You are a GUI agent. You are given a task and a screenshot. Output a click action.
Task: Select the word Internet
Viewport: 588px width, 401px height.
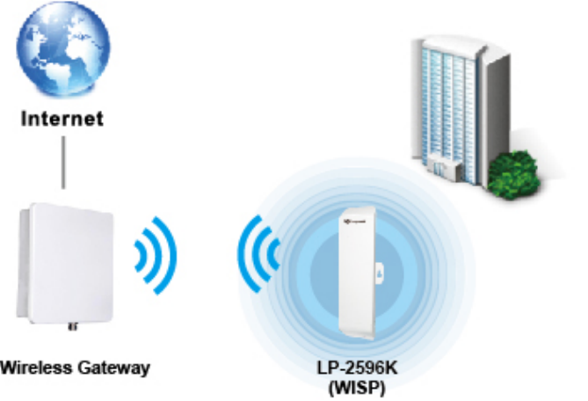[62, 117]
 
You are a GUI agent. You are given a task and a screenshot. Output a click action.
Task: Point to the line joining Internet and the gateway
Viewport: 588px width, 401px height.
[62, 162]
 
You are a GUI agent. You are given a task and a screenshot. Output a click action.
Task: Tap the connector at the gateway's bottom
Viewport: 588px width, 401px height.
[71, 329]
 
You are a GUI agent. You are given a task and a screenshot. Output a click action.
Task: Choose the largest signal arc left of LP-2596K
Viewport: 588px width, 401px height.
[247, 255]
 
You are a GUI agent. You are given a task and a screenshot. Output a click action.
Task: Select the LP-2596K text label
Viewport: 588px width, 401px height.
[357, 365]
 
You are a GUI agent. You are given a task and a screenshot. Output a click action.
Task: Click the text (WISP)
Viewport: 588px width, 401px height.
[357, 383]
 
